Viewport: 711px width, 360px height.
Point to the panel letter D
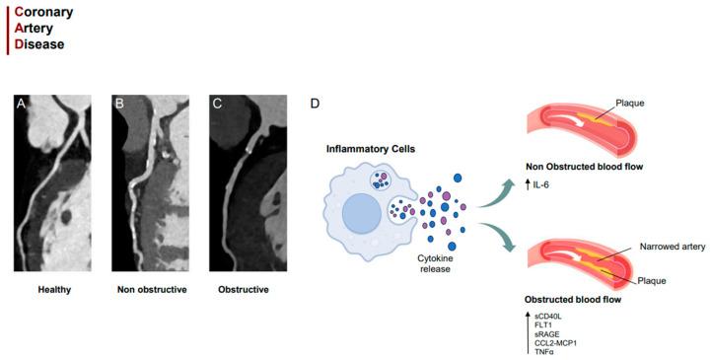coord(315,104)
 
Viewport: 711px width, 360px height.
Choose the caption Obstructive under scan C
coord(244,290)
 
